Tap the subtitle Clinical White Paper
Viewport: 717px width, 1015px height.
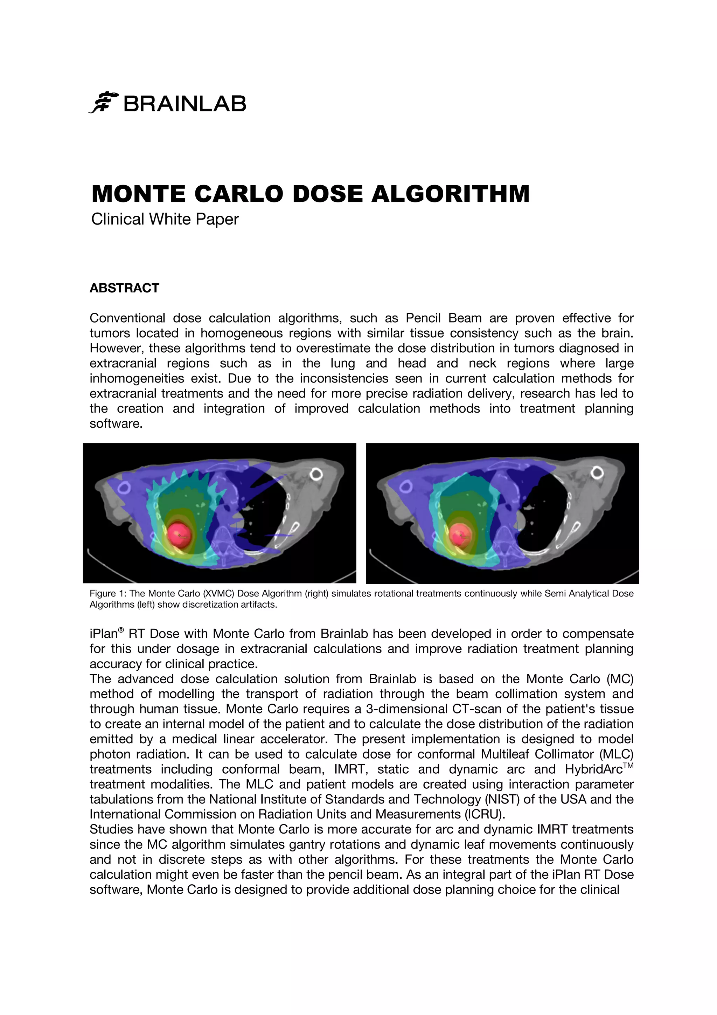[x=165, y=219]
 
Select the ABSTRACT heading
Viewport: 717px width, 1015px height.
[x=124, y=288]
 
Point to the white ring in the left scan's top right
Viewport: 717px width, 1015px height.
[x=316, y=474]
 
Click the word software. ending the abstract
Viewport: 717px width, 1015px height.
[x=116, y=423]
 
